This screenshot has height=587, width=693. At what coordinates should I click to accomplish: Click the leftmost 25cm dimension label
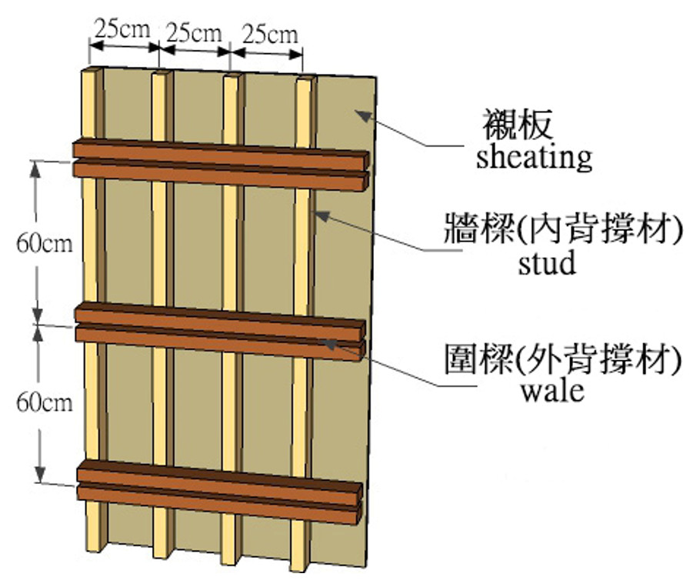pyautogui.click(x=122, y=29)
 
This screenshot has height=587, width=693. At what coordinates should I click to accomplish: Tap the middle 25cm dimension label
pyautogui.click(x=194, y=33)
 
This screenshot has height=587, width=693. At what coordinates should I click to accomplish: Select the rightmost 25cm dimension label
pyautogui.click(x=270, y=35)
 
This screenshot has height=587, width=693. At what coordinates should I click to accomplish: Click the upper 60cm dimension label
pyautogui.click(x=44, y=243)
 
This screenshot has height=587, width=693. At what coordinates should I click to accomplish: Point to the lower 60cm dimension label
pyautogui.click(x=44, y=402)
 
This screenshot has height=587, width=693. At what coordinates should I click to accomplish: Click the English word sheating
pyautogui.click(x=534, y=158)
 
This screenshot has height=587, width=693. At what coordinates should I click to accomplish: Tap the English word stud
pyautogui.click(x=547, y=262)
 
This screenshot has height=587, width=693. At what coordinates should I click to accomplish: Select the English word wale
pyautogui.click(x=552, y=391)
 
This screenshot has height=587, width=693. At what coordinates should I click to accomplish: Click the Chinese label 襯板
pyautogui.click(x=518, y=125)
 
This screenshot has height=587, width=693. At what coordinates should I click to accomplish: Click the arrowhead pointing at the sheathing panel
pyautogui.click(x=364, y=116)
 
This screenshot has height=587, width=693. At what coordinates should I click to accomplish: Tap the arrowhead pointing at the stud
pyautogui.click(x=322, y=215)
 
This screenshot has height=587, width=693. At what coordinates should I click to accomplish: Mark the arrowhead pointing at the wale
pyautogui.click(x=329, y=344)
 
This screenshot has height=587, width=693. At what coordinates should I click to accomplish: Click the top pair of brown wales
pyautogui.click(x=221, y=165)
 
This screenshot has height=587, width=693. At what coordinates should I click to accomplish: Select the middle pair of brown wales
pyautogui.click(x=220, y=332)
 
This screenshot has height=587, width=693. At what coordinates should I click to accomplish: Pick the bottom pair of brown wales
pyautogui.click(x=220, y=492)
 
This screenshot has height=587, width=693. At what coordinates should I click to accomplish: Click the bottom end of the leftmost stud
pyautogui.click(x=94, y=549)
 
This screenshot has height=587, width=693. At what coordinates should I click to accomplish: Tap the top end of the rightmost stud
pyautogui.click(x=305, y=79)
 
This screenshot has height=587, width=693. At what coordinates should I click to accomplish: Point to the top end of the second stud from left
pyautogui.click(x=160, y=73)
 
